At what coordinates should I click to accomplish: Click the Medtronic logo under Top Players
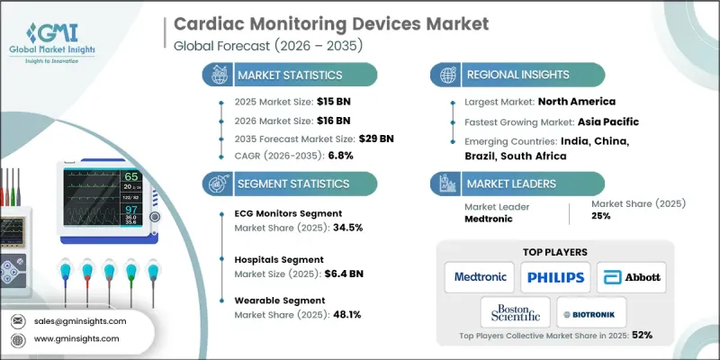pyautogui.click(x=481, y=277)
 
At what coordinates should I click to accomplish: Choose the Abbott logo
pyautogui.click(x=633, y=277)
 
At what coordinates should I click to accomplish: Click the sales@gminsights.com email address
pyautogui.click(x=81, y=320)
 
